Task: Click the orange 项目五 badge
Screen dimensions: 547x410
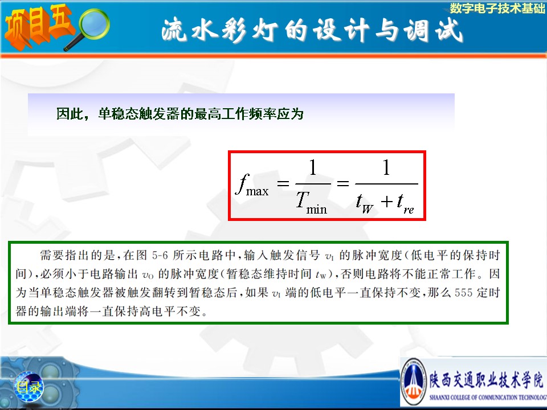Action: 38,26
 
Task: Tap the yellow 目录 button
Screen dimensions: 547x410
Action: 28,387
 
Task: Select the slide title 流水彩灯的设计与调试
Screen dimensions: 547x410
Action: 312,30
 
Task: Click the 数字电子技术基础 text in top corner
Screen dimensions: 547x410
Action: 497,9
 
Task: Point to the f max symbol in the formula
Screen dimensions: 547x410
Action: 252,184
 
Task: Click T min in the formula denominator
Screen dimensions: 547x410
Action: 311,204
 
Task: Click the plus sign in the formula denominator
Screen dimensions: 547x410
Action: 386,202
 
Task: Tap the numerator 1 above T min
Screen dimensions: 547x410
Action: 313,167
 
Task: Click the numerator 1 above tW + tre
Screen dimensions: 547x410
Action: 386,167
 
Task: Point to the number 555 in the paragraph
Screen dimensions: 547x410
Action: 463,293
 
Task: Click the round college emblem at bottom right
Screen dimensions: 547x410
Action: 414,382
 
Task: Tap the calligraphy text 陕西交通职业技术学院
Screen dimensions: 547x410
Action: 486,379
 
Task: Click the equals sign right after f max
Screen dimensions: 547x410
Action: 283,183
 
